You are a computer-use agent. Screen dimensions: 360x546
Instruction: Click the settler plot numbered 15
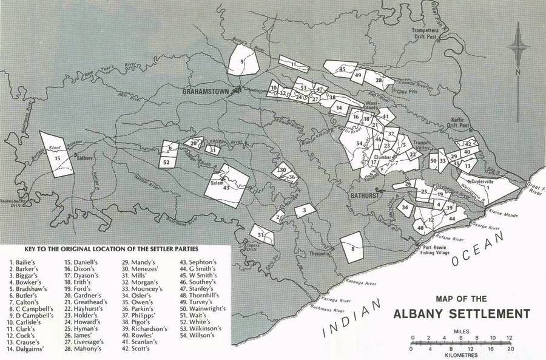[x=58, y=155]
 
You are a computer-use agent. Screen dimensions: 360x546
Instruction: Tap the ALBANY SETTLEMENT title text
[x=462, y=314]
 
